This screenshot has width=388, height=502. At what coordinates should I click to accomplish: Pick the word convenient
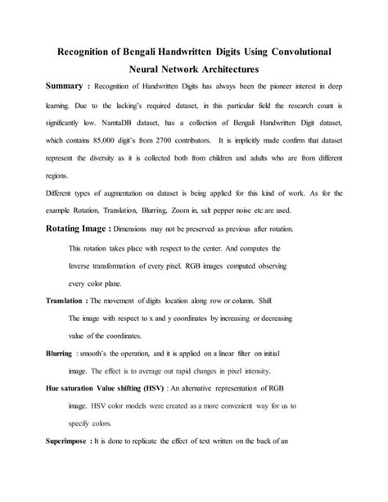pos(223,405)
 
